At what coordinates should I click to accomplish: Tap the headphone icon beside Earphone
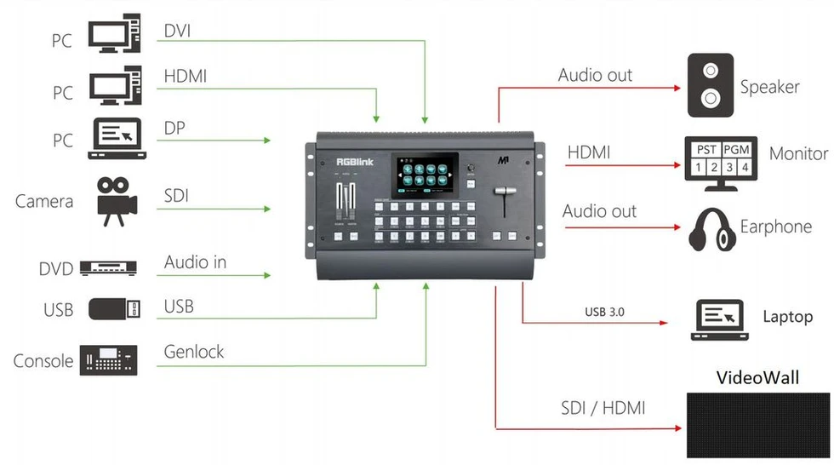(710, 227)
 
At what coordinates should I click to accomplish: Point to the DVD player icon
(108, 268)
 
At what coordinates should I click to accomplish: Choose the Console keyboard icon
(108, 360)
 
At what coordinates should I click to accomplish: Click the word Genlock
(195, 350)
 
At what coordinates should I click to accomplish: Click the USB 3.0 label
(604, 312)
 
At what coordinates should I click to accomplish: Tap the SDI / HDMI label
(603, 408)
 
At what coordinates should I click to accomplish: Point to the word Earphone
(775, 227)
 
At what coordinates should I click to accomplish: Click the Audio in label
(196, 262)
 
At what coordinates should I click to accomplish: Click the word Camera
(44, 202)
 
